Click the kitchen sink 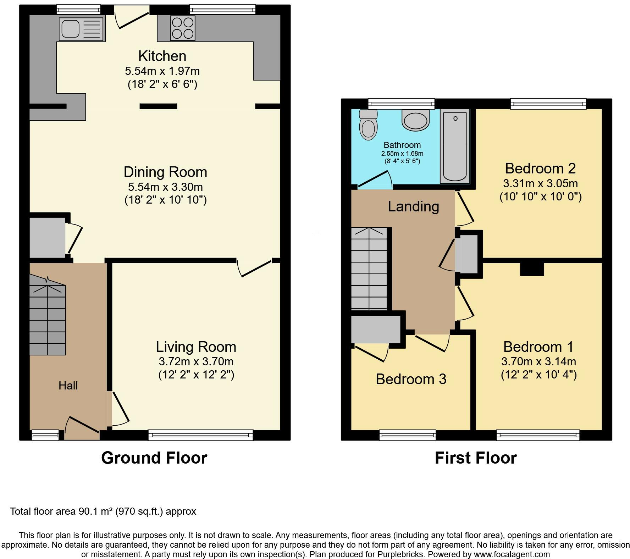click(82, 29)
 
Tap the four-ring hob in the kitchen click(183, 28)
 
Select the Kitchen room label click(162, 56)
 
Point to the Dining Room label click(165, 172)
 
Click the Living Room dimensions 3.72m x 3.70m click(196, 362)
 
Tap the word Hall click(68, 386)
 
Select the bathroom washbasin click(415, 120)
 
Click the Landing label click(413, 206)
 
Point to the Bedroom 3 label click(411, 379)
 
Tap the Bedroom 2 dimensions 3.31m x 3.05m click(540, 183)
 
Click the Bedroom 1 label click(538, 347)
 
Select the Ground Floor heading click(154, 458)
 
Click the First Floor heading click(476, 458)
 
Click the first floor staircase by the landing click(369, 269)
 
